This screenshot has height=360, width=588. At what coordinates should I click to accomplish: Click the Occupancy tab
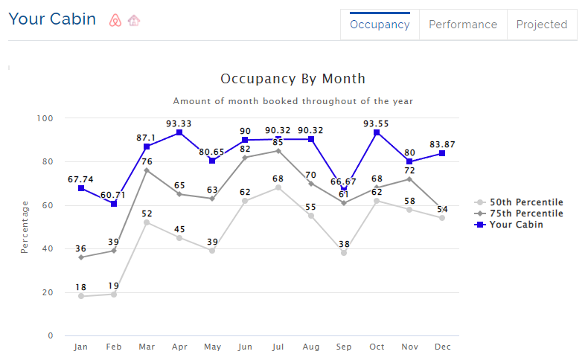click(x=380, y=25)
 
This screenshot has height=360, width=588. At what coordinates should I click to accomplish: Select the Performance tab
click(x=463, y=25)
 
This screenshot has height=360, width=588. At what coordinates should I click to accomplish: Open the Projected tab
click(x=542, y=25)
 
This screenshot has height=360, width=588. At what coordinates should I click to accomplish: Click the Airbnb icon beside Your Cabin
click(x=115, y=20)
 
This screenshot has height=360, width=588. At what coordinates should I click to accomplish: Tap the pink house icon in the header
click(x=134, y=20)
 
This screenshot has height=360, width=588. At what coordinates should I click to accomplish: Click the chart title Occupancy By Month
click(x=293, y=79)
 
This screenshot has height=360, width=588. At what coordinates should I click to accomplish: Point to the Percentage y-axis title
click(x=25, y=227)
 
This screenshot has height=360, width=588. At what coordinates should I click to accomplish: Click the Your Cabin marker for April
click(x=179, y=132)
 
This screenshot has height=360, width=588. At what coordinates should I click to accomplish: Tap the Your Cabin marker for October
click(x=377, y=132)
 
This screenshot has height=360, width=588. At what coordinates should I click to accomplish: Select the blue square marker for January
click(x=81, y=188)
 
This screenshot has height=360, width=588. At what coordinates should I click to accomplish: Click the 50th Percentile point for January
click(x=81, y=296)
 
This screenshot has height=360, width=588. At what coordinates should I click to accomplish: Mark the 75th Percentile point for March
click(x=147, y=170)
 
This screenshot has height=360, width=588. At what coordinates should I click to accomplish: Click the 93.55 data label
click(x=377, y=123)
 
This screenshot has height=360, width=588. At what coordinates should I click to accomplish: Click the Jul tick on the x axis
click(x=278, y=347)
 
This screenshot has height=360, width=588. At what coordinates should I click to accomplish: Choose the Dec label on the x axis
click(x=442, y=347)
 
